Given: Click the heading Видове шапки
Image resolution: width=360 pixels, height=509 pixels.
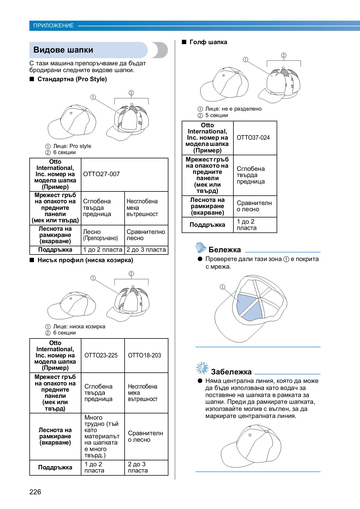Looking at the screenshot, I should tap(63, 50).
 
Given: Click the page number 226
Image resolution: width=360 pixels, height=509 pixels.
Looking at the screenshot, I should tap(35, 492).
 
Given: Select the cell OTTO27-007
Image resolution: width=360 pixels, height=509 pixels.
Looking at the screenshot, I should tap(101, 174).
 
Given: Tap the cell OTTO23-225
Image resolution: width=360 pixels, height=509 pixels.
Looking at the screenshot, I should tap(101, 355).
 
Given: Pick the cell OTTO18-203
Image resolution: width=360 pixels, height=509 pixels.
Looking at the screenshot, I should tap(144, 355).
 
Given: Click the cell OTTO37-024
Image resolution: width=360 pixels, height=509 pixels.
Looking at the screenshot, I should tap(253, 138).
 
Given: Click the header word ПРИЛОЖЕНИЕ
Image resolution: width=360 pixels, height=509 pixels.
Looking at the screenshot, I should tap(53, 26).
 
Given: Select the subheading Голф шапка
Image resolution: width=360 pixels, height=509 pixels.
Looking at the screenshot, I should tap(208, 42).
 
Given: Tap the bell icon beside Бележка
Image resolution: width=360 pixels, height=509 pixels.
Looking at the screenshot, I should tap(201, 248).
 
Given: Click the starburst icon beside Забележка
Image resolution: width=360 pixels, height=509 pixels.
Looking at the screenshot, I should tap(202, 368).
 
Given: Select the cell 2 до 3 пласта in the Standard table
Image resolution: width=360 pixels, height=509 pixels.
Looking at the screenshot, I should tap(146, 250).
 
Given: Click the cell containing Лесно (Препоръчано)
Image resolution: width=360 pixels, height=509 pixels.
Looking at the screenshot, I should tap(100, 235).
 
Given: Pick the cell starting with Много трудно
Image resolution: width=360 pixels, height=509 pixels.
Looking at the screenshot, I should tap(101, 436).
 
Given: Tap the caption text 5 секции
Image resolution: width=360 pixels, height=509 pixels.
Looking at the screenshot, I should tap(216, 115).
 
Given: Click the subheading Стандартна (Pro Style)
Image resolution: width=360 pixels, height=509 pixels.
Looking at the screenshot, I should tap(72, 79).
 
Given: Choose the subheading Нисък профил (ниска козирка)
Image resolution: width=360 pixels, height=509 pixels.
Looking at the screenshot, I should tap(85, 260).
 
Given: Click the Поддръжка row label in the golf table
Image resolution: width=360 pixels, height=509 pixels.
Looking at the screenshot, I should tap(207, 225).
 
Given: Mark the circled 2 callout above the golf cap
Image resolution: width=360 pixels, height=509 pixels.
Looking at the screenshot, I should tap(284, 55).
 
